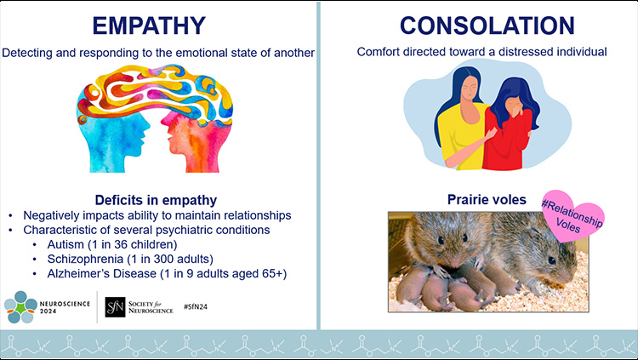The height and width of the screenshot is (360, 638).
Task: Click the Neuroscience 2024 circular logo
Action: point(20,306)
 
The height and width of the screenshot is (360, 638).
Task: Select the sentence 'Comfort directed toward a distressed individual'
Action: point(481,53)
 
